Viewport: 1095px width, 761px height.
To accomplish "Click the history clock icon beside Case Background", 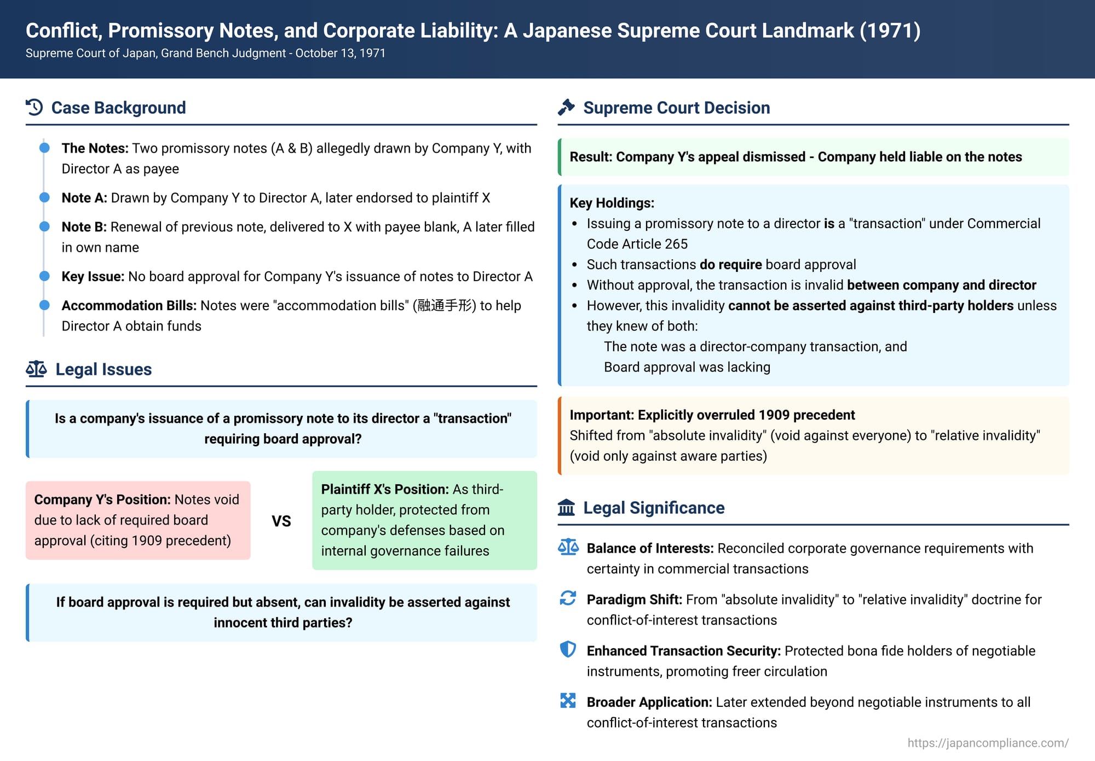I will pyautogui.click(x=34, y=107).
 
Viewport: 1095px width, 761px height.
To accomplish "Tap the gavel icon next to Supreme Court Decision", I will pyautogui.click(x=566, y=107).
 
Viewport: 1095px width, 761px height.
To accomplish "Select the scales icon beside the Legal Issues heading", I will pyautogui.click(x=36, y=369).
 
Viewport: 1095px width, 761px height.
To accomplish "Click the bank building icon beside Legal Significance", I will pyautogui.click(x=566, y=508).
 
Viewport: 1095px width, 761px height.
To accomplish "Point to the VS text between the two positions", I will pyautogui.click(x=281, y=521).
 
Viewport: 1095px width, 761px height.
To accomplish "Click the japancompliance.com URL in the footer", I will pyautogui.click(x=988, y=743).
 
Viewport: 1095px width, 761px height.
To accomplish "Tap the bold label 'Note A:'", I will pyautogui.click(x=84, y=197).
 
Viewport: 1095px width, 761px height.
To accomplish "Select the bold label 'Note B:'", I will pyautogui.click(x=84, y=226).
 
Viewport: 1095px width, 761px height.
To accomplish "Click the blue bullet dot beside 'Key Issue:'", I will pyautogui.click(x=45, y=276).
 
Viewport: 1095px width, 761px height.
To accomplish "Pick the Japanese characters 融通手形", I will pyautogui.click(x=444, y=305).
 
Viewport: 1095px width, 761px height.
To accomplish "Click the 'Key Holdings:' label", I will pyautogui.click(x=612, y=203).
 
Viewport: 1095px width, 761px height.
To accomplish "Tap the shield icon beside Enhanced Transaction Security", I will pyautogui.click(x=568, y=649).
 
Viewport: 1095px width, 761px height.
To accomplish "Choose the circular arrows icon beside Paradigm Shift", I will pyautogui.click(x=568, y=598).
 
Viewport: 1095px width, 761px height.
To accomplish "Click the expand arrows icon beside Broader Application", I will pyautogui.click(x=568, y=701).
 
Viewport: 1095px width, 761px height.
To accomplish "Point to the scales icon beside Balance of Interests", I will pyautogui.click(x=568, y=547).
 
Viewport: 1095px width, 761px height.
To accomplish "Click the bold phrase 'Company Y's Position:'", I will pyautogui.click(x=102, y=499).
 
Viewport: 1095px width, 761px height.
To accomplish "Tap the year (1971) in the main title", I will pyautogui.click(x=890, y=31).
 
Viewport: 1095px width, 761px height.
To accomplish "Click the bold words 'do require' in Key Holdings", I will pyautogui.click(x=730, y=264).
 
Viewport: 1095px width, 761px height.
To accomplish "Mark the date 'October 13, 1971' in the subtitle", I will pyautogui.click(x=341, y=53).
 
